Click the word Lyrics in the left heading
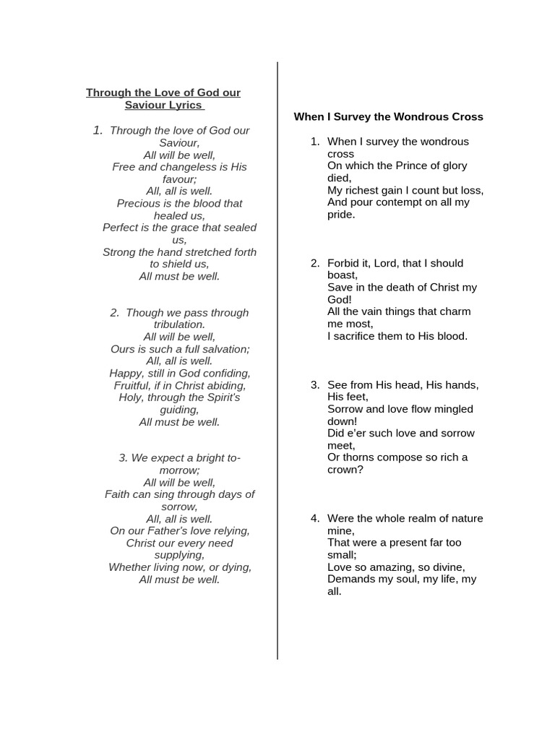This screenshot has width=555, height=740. pyautogui.click(x=186, y=105)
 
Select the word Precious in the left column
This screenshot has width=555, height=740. pyautogui.click(x=141, y=203)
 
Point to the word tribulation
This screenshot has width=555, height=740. pyautogui.click(x=179, y=324)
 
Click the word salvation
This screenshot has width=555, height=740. pyautogui.click(x=223, y=349)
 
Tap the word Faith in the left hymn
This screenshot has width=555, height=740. pyautogui.click(x=118, y=494)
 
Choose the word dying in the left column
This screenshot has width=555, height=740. pyautogui.click(x=235, y=567)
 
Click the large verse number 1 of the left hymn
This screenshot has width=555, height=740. pyautogui.click(x=98, y=130)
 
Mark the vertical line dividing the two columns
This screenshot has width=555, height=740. pyautogui.click(x=277, y=361)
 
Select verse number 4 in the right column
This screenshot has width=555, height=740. pyautogui.click(x=315, y=518)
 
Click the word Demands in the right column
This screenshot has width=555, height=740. pyautogui.click(x=351, y=580)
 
